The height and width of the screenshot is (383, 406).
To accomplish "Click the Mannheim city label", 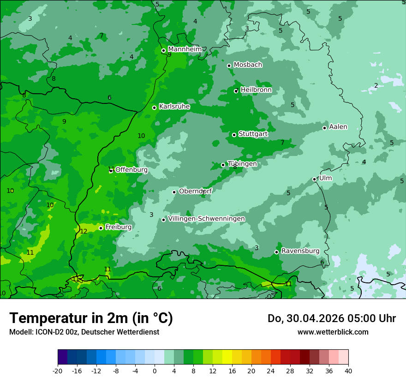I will (185, 49).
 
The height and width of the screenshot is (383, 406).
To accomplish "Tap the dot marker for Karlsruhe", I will (154, 108).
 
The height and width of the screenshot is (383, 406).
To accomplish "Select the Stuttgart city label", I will (253, 134).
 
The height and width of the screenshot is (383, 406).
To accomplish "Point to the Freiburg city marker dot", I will (101, 228).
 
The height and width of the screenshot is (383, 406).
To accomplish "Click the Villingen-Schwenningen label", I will (206, 218).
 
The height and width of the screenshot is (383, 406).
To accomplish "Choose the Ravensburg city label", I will (300, 251).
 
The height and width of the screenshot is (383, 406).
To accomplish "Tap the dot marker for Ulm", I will (314, 179).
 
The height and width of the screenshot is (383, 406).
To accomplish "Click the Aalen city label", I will (338, 126).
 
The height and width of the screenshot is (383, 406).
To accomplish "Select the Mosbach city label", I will (248, 65).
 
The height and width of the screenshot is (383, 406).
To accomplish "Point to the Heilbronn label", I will (256, 90).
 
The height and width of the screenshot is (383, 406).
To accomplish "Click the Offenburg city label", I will (131, 169).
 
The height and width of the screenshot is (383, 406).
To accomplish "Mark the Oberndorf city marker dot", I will (174, 192).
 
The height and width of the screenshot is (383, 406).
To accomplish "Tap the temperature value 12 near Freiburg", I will (84, 231).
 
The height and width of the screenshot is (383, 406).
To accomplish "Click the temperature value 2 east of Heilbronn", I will (376, 85).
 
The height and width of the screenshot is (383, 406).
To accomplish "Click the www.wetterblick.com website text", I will (333, 332).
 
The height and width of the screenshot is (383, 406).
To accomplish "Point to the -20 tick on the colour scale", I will (58, 371).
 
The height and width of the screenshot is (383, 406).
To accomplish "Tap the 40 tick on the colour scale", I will (348, 371).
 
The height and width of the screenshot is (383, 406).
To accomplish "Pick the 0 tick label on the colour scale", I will (155, 371).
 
